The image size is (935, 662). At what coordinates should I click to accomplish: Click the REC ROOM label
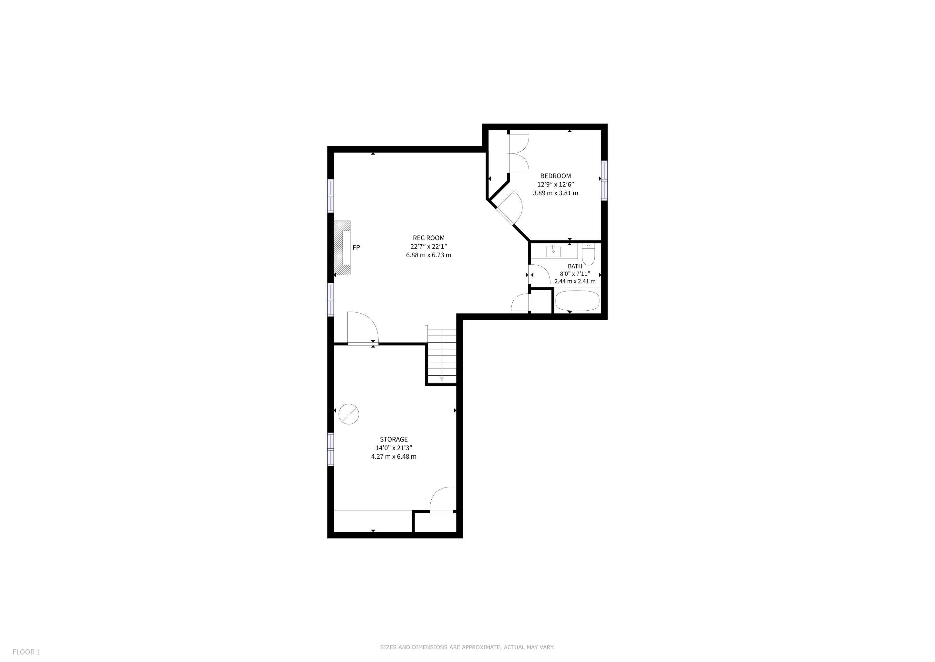coord(428,238)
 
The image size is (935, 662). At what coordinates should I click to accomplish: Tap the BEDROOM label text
coord(555,176)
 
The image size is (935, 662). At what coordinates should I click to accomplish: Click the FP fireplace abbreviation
coord(356,247)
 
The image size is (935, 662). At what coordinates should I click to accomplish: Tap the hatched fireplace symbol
coord(342,248)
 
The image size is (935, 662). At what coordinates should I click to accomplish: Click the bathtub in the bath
coord(578,301)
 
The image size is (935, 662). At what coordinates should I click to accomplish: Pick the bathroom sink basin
coord(553,251)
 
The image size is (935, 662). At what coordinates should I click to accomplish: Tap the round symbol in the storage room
coord(349,414)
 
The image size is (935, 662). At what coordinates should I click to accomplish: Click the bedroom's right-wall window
coord(604,180)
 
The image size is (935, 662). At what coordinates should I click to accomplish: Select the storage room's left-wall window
coord(331,449)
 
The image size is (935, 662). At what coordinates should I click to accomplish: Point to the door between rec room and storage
coord(363,328)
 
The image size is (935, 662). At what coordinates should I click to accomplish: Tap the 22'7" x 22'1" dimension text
coord(428,247)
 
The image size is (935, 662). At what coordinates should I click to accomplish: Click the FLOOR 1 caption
coord(26,652)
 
